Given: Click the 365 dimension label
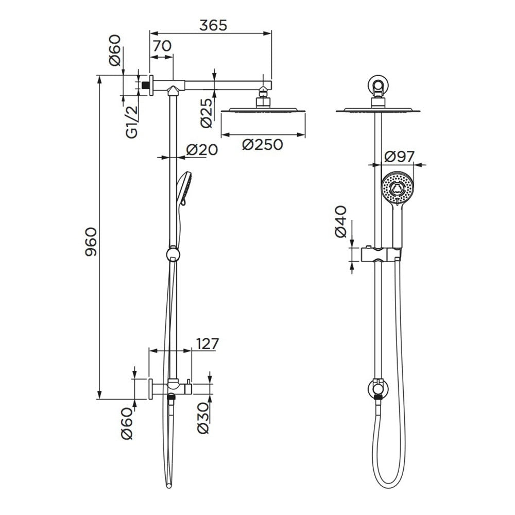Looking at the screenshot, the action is pyautogui.click(x=213, y=25).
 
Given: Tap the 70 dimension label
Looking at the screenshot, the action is pyautogui.click(x=162, y=46).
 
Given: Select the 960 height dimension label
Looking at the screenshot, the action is pyautogui.click(x=91, y=242).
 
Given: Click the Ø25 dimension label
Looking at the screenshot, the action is pyautogui.click(x=206, y=113).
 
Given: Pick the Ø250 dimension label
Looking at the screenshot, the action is pyautogui.click(x=263, y=145).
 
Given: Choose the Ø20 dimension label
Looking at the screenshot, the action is pyautogui.click(x=202, y=150).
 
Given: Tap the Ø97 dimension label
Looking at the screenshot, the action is pyautogui.click(x=400, y=157).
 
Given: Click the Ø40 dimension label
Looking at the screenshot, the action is pyautogui.click(x=340, y=221).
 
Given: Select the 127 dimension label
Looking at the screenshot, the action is pyautogui.click(x=207, y=344).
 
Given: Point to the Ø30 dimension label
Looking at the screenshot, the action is pyautogui.click(x=203, y=418).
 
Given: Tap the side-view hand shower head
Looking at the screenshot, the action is pyautogui.click(x=182, y=189).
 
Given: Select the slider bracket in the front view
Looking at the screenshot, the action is pyautogui.click(x=381, y=254).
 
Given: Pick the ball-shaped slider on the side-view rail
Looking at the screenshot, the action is pyautogui.click(x=173, y=254).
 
